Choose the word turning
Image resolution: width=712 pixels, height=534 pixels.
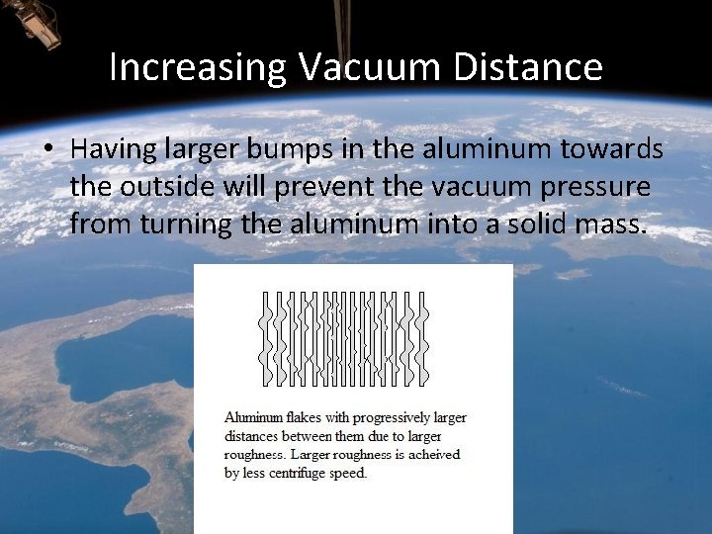click(188, 224)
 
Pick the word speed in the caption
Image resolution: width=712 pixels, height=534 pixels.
click(346, 473)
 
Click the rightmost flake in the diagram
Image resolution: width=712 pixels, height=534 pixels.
click(423, 337)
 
